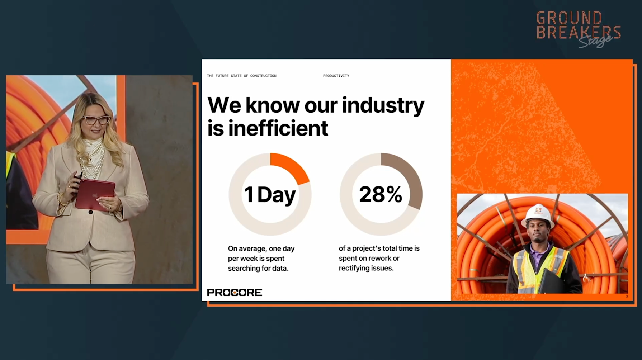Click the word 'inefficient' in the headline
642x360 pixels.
coord(278,128)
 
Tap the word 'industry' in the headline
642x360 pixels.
coord(383,106)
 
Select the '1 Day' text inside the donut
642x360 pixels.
coord(270,195)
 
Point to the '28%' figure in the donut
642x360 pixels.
coord(381,194)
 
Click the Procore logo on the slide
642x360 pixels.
coord(235,293)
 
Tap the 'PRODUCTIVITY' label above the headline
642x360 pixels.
coord(336,76)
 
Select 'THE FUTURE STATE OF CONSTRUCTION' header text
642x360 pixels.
coord(242,76)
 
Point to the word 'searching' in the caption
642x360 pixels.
coord(243,269)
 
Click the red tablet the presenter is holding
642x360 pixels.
coord(95,194)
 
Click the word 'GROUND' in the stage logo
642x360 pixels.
coord(570,18)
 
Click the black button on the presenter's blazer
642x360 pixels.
coord(91,212)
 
